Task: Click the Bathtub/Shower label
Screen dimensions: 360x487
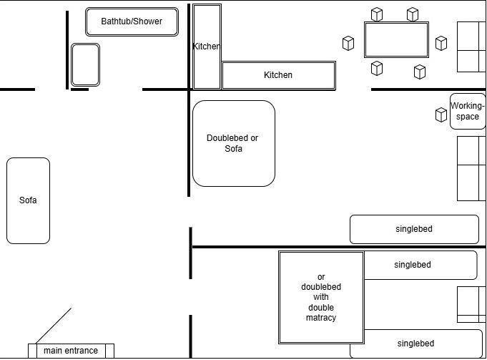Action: point(132,21)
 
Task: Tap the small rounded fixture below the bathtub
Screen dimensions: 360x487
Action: point(85,64)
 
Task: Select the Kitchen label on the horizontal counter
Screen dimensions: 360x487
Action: point(278,75)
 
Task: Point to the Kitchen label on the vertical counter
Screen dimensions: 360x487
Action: point(206,47)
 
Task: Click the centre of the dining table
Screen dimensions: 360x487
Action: point(396,39)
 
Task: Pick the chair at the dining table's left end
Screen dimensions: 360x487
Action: point(348,44)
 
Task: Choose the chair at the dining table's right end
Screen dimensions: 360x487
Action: point(441,44)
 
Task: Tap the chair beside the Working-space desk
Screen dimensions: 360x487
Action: point(441,115)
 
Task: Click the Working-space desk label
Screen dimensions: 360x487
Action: point(468,112)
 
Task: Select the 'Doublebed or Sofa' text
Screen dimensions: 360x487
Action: point(232,143)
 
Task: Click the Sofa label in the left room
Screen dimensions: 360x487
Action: point(28,200)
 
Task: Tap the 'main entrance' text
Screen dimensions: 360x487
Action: point(70,351)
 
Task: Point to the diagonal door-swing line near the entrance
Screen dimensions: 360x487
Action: point(53,326)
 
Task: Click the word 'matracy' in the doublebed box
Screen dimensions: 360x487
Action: point(321,318)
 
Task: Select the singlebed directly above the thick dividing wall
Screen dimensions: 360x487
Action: point(414,229)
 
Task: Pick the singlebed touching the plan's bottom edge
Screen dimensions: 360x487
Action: point(415,344)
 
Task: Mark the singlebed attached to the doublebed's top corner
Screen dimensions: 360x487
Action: point(420,265)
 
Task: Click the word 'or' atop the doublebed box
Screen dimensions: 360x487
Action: point(321,277)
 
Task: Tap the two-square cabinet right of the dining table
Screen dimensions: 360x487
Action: point(471,47)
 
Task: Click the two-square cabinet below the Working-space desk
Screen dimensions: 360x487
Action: point(471,168)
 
